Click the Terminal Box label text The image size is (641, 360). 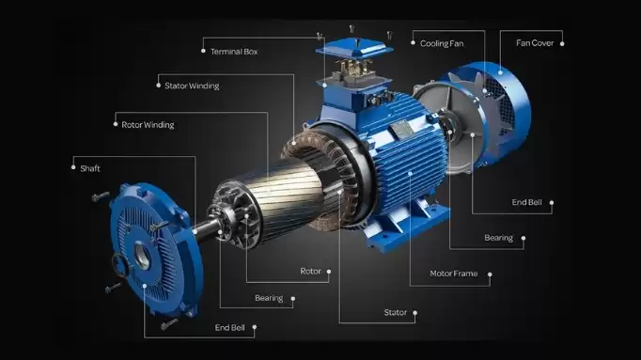coord(234,52)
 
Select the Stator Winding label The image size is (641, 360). coord(192,86)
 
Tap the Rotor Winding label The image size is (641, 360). coord(148,125)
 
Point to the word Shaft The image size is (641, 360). coord(90,168)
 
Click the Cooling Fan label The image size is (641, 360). coord(442,43)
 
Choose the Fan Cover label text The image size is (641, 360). coord(535,43)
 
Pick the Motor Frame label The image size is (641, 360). coord(454,274)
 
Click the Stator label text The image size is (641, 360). coord(396,313)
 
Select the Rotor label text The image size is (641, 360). coord(311,271)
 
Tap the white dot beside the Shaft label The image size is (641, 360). coord(73,167)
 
